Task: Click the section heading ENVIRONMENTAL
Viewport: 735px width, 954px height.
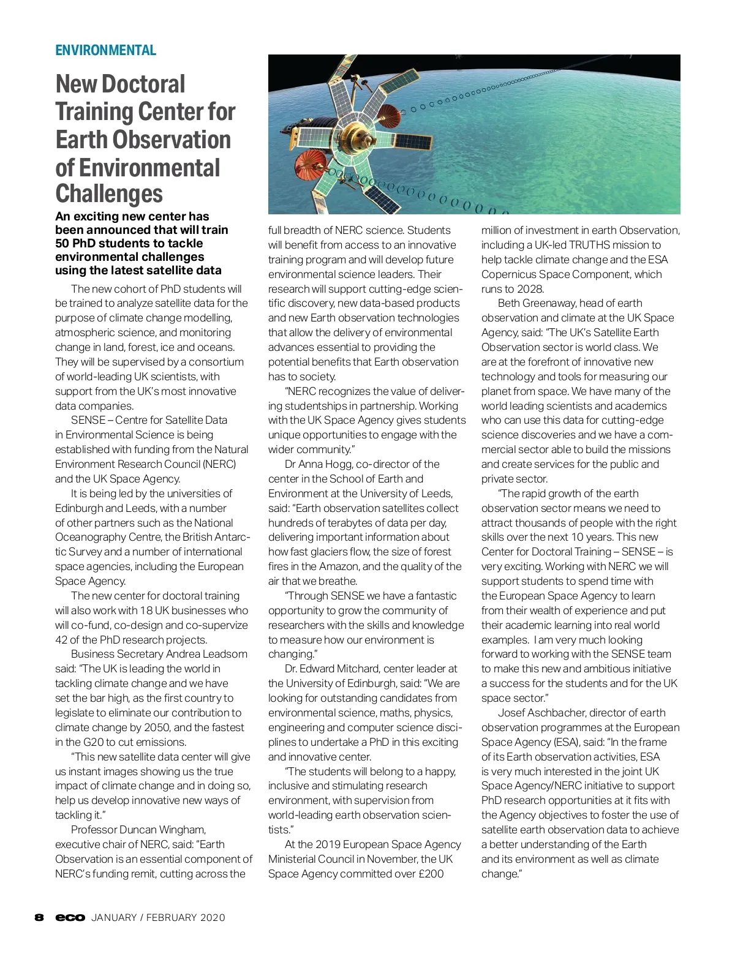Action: point(105,50)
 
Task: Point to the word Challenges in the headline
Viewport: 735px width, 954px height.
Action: point(109,193)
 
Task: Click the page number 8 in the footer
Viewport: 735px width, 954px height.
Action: point(39,917)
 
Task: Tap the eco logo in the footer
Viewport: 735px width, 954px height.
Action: point(70,917)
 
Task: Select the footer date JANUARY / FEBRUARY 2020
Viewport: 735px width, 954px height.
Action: point(158,917)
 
